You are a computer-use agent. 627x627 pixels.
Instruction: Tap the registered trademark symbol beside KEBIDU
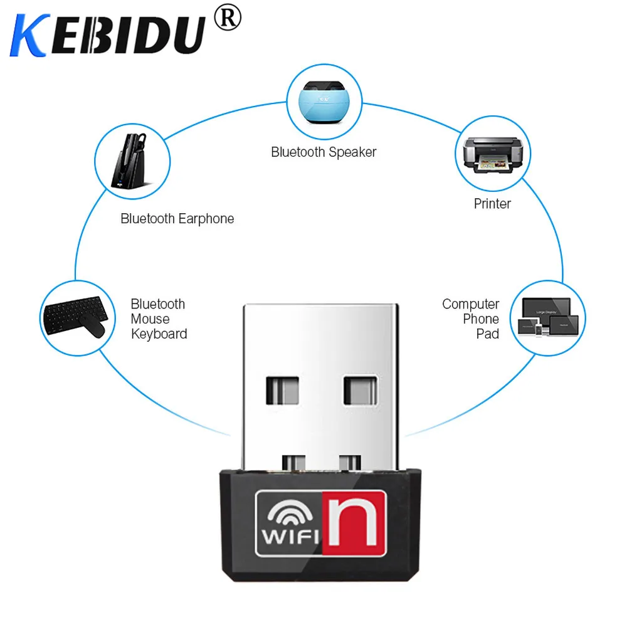[227, 19]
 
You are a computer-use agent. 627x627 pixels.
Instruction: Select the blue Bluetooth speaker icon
[325, 101]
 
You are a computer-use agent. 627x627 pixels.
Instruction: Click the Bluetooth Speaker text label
[324, 152]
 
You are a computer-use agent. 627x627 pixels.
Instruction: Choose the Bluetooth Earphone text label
[177, 219]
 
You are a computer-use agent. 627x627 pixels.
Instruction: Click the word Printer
[492, 204]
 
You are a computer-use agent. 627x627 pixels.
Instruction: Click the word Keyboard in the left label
[159, 334]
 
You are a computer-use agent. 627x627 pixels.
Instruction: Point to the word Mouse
[150, 319]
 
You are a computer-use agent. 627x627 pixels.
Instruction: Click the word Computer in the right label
[470, 304]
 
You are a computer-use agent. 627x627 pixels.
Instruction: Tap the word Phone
[481, 319]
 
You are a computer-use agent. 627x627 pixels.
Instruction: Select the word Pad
[487, 334]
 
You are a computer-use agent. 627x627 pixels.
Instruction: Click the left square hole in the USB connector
[283, 391]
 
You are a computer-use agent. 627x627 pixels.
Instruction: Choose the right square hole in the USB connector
[360, 391]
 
